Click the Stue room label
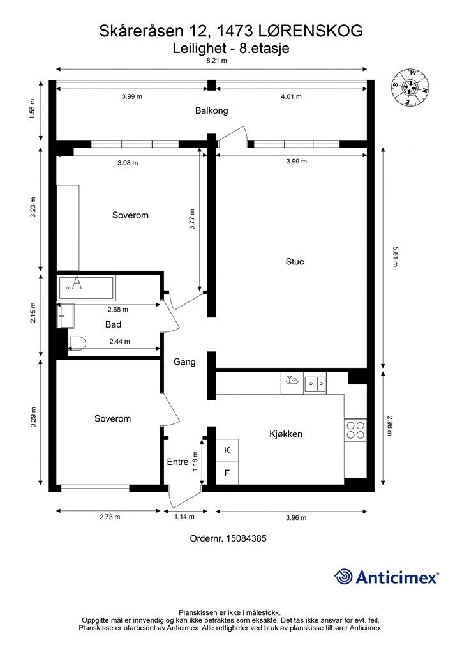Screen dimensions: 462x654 coord(295,261)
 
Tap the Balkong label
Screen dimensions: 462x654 coord(212,111)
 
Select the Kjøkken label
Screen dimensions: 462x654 coord(286,434)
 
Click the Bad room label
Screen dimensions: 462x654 coord(114,324)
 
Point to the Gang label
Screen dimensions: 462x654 coord(184,362)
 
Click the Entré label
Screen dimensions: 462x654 coord(178,462)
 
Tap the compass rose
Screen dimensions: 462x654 coord(410,87)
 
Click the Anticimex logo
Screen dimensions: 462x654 coord(386,577)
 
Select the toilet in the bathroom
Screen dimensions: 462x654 coord(77,343)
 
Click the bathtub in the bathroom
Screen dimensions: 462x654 coord(87,288)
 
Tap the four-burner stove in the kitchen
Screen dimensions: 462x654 coord(355,430)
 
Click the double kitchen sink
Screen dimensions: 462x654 coord(315,383)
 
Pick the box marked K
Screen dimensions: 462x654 coord(227,450)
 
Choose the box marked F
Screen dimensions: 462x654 coord(227,473)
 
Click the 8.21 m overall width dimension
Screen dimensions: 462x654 coord(217,61)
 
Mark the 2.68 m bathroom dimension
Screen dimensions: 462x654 coord(118,310)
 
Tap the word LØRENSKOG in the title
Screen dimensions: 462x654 coord(311,31)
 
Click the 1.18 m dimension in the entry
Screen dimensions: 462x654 coord(195,462)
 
